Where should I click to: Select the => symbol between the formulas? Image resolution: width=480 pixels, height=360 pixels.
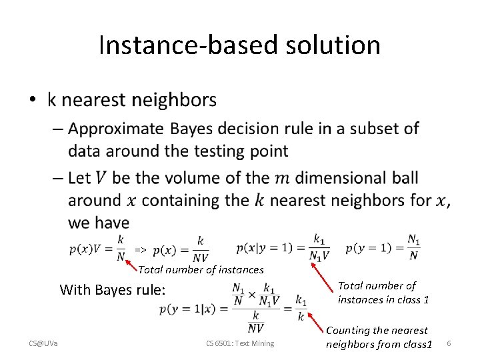coord(140,249)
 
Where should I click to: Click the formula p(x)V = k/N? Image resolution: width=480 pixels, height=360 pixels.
coord(97,247)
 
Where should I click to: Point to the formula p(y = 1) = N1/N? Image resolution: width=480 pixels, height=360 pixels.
coord(383,247)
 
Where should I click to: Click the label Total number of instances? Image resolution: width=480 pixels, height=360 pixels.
coord(201,270)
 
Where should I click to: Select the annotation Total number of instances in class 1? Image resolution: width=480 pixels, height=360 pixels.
coord(383,292)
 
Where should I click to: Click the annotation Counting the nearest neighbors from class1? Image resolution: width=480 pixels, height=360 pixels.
coord(379,337)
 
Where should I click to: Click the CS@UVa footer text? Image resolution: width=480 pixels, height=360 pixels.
coord(43,343)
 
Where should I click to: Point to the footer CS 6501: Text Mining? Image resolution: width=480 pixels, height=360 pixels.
coord(240,343)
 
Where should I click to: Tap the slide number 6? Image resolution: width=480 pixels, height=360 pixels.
coord(449,343)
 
